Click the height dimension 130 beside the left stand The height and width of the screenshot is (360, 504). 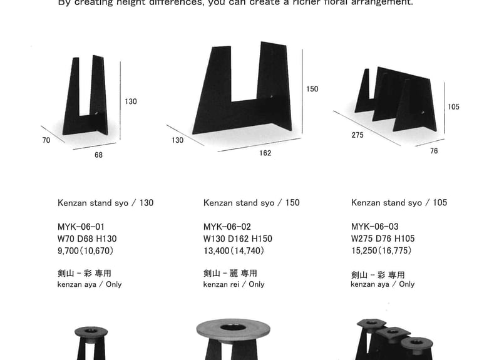pos(130,101)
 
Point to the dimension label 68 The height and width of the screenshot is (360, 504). pos(98,155)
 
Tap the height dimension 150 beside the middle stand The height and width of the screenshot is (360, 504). pos(312,89)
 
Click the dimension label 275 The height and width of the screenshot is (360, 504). pos(357,135)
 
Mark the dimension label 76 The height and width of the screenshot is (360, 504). pos(434,152)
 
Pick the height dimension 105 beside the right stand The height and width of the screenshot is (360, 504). pos(453,107)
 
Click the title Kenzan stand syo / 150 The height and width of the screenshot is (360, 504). pos(251,203)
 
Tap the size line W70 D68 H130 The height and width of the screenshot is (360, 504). pos(87,239)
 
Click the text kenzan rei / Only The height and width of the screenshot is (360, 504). pos(234,284)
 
